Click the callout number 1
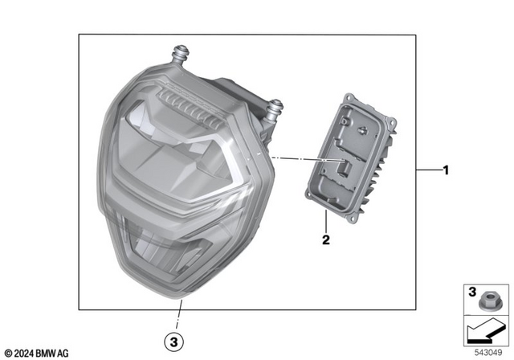coord(446,170)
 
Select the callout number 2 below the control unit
coord(326,239)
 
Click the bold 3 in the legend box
coord(472,291)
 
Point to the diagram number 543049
coord(487,351)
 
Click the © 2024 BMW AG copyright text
coord(36,352)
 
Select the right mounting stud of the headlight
coord(275,107)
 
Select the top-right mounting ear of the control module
coord(391,123)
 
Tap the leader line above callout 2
coord(326,223)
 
